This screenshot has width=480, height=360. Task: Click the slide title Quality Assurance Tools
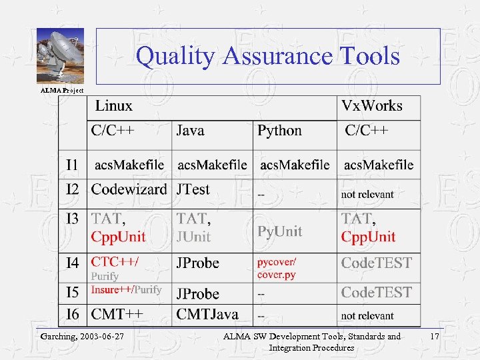[268, 56]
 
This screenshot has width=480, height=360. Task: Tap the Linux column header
[114, 105]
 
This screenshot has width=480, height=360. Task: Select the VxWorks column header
[372, 105]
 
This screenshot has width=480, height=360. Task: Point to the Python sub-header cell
[280, 131]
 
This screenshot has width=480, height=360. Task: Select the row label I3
[73, 218]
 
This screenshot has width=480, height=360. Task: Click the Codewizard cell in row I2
[129, 189]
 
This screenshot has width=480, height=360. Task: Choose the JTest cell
[193, 189]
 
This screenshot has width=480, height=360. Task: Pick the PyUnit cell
[280, 231]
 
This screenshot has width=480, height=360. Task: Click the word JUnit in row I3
[193, 237]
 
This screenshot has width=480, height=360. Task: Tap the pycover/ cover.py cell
[277, 269]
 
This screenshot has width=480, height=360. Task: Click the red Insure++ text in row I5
[111, 289]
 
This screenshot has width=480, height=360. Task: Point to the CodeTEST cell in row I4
[377, 263]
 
